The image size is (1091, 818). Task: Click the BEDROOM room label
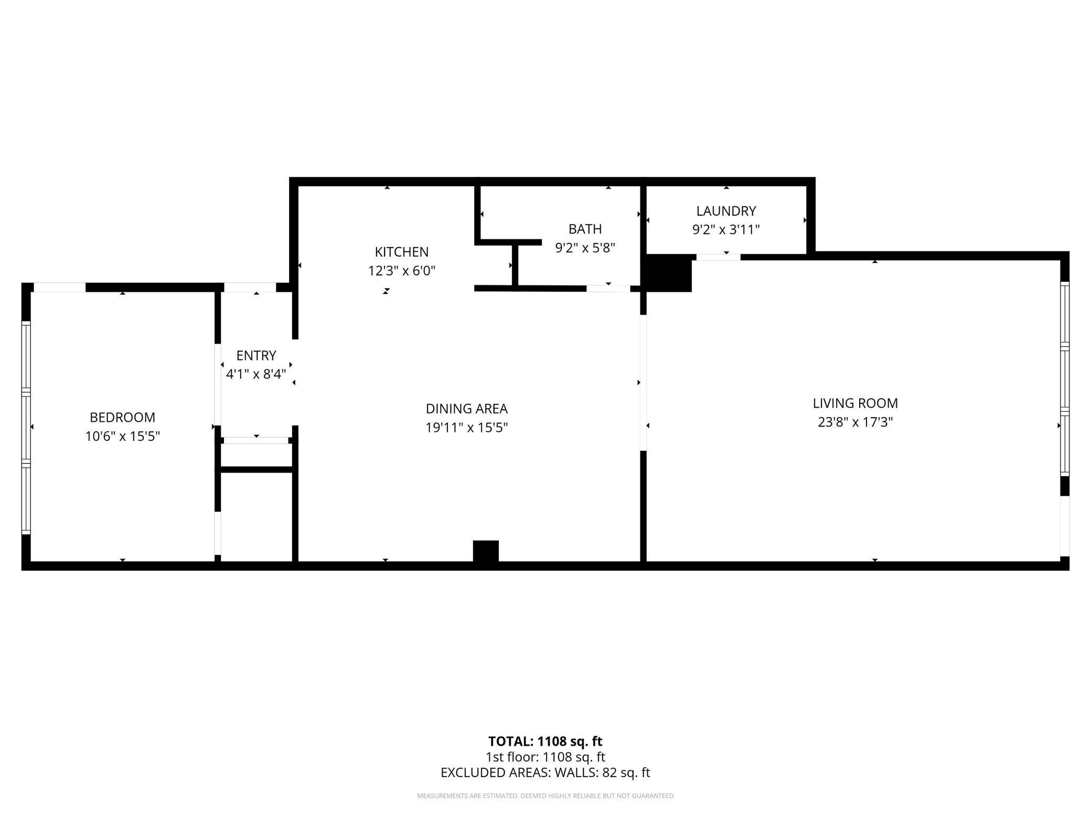point(122,417)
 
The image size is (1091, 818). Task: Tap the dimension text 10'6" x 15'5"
point(122,437)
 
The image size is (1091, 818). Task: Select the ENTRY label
point(256,356)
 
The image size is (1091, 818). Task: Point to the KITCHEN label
point(401,252)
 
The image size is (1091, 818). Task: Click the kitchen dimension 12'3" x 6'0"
point(401,271)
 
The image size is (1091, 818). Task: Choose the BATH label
point(585,229)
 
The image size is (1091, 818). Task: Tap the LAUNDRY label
point(726,211)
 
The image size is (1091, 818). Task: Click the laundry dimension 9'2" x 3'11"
point(726,230)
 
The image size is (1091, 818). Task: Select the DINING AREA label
point(466,409)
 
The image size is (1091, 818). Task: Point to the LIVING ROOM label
point(855,403)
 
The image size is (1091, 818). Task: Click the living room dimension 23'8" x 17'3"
point(855,422)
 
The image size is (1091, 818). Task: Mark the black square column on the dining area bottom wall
point(486,551)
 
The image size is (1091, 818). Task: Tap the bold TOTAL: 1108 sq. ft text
point(545,741)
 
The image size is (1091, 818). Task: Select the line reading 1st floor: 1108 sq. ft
point(545,757)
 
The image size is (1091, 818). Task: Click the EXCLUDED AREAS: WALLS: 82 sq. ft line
point(545,773)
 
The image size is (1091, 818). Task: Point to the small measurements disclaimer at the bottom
point(545,796)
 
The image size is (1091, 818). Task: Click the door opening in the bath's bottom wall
point(608,289)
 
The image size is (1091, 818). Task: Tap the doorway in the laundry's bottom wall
point(718,257)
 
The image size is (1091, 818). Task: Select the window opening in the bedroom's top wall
point(59,287)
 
